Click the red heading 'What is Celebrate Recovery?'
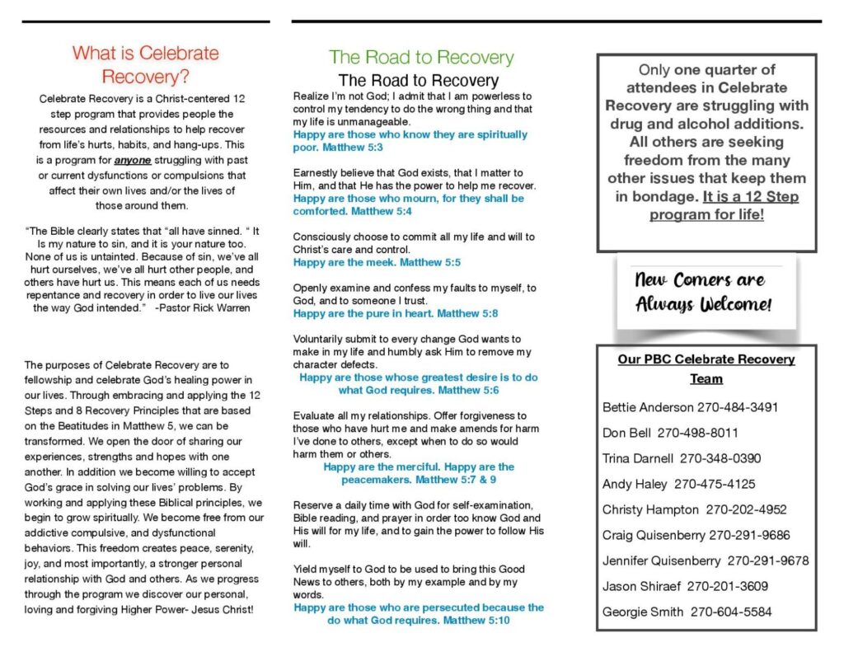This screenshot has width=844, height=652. pos(145,65)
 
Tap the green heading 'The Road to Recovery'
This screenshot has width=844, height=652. pos(421,57)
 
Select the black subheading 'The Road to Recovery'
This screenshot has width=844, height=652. pos(419,80)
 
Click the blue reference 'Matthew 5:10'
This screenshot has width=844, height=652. pos(475,620)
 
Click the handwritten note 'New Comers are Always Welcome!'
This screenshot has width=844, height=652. pos(703,292)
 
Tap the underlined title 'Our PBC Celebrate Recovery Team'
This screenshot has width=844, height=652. pos(706,368)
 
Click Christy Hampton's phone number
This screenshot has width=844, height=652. pos(746,509)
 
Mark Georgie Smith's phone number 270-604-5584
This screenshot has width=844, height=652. pos(731,612)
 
